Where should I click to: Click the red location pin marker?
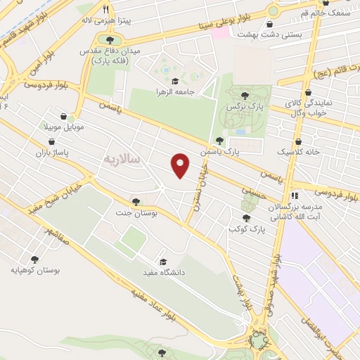pos(181,165)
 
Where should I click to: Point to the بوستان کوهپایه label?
pos(36,270)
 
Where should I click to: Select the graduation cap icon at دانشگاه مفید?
pos(163,261)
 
